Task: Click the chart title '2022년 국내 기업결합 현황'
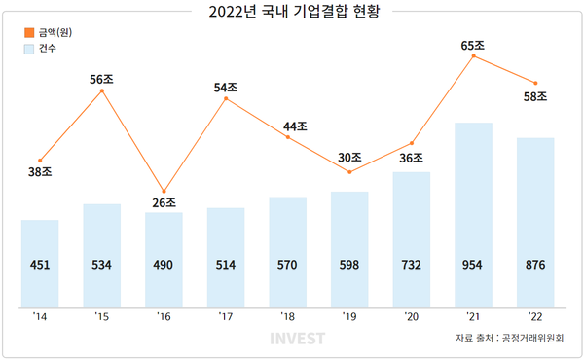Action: coord(291,14)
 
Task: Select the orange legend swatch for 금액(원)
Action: coord(28,32)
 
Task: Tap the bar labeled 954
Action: coord(473,214)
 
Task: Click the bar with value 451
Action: coord(40,263)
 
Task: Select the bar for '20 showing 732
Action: coord(411,238)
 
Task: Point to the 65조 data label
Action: coord(474,44)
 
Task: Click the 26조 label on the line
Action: coord(164,203)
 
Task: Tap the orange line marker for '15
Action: coord(102,91)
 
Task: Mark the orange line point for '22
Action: coord(535,83)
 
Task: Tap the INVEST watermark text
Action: coord(297,340)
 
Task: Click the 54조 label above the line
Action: coord(226,88)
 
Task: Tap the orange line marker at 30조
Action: coord(349,172)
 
